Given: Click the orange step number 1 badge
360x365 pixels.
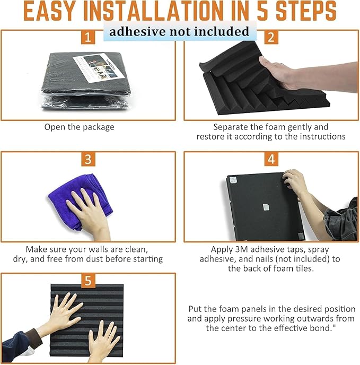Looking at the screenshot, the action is click(88, 37).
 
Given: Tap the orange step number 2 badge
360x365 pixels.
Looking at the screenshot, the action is click(271, 37).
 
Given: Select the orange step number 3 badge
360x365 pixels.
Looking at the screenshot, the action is click(88, 159).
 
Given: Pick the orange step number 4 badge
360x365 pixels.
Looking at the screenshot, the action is click(271, 159).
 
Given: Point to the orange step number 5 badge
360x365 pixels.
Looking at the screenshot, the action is click(88, 281).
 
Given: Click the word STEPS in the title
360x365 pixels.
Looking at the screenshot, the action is click(306, 11).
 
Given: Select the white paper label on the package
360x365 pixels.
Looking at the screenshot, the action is click(99, 68).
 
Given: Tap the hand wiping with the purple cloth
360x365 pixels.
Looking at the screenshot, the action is click(90, 214).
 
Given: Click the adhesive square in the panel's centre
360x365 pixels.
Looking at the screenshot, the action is click(266, 207).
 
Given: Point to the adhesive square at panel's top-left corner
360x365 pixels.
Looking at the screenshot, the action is click(233, 180).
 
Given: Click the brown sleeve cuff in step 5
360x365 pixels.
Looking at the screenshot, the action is click(33, 338).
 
